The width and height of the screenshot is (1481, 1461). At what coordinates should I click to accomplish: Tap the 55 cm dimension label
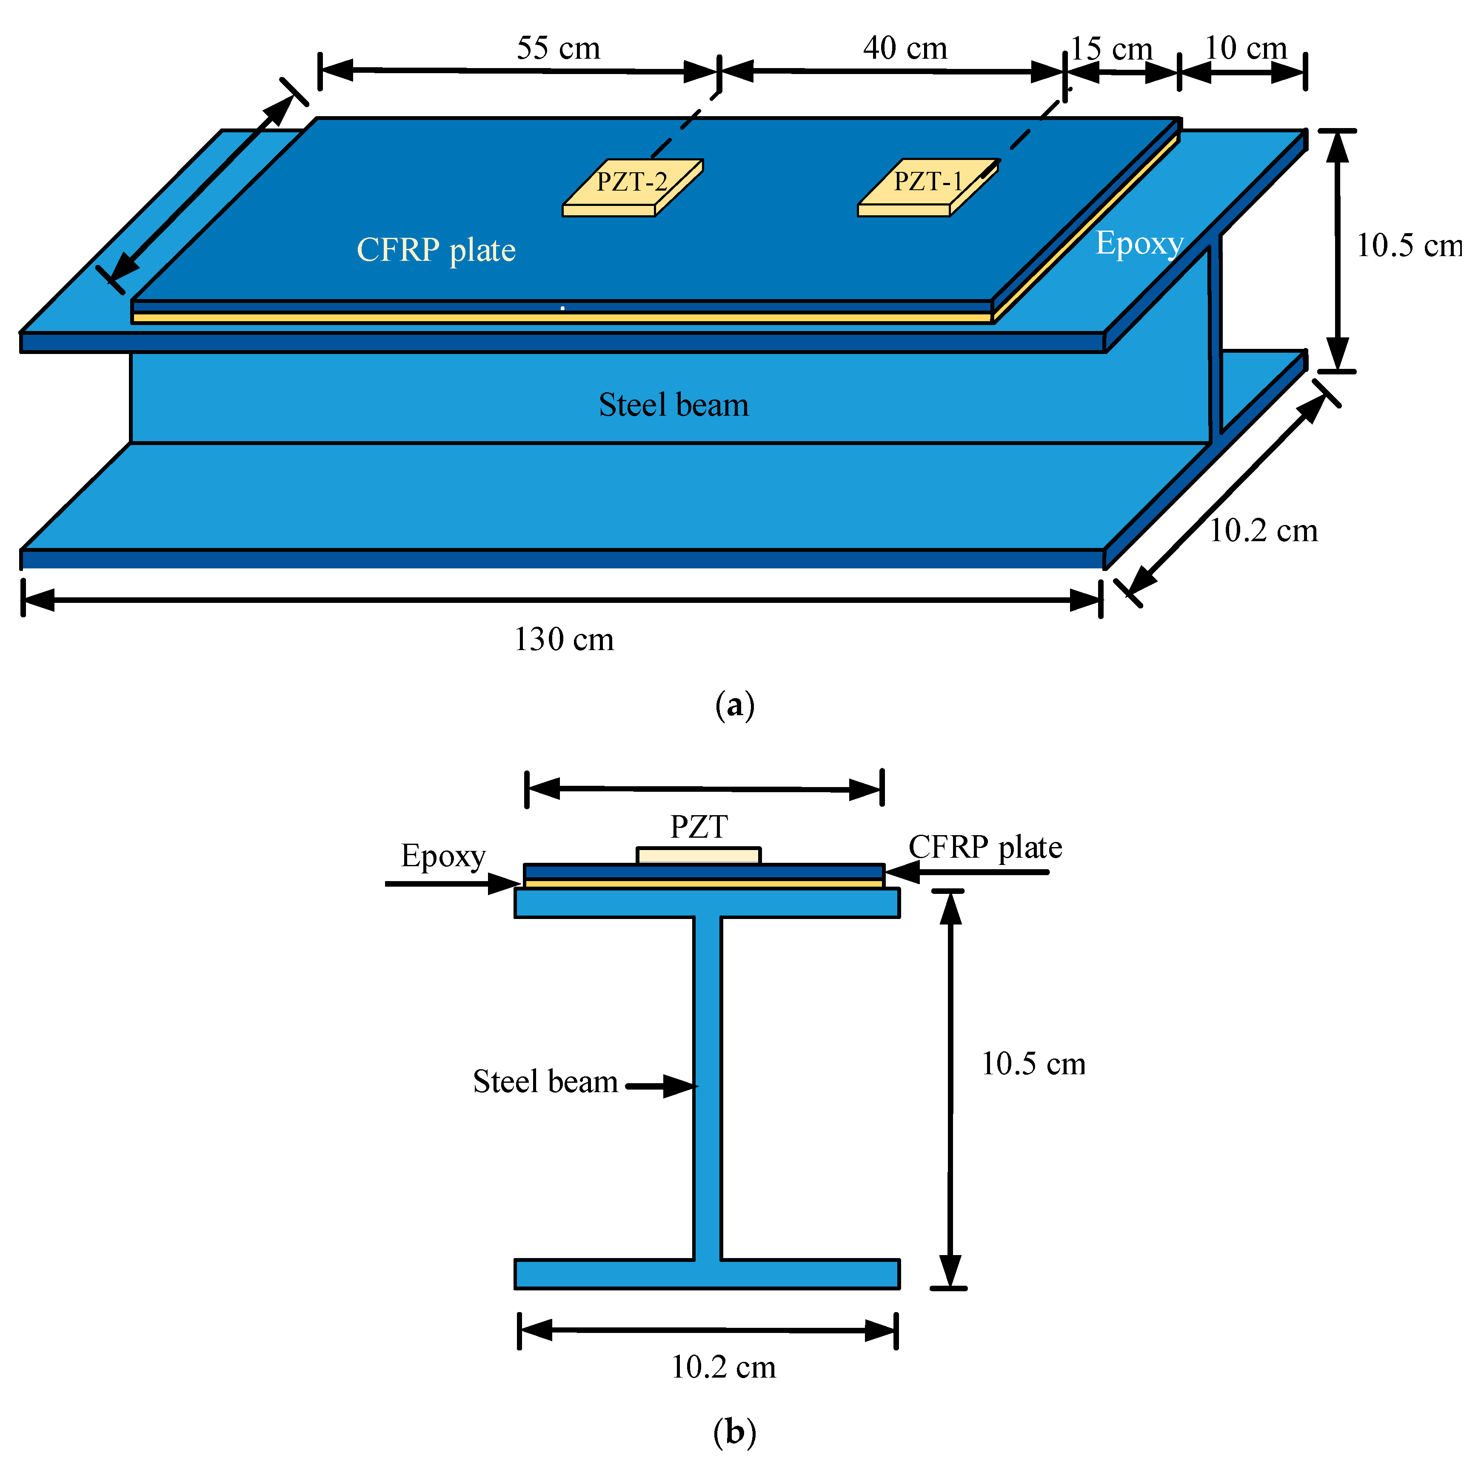coord(558,49)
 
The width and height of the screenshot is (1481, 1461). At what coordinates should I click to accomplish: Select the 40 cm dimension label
coord(905,49)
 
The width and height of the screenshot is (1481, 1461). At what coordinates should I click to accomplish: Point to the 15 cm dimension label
coord(1112,49)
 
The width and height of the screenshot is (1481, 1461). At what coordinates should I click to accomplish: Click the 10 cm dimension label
coord(1246,49)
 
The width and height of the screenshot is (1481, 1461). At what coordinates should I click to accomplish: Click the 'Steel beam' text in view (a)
coord(673,405)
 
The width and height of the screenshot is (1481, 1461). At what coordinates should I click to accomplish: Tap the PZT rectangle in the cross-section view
coord(698,855)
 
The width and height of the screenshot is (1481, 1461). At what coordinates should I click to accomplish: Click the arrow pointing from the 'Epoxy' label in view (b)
coord(452,884)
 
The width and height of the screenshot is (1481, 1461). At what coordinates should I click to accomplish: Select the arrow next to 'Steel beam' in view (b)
coord(661,1086)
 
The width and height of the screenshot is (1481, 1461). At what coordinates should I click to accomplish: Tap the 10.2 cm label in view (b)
coord(723,1367)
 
